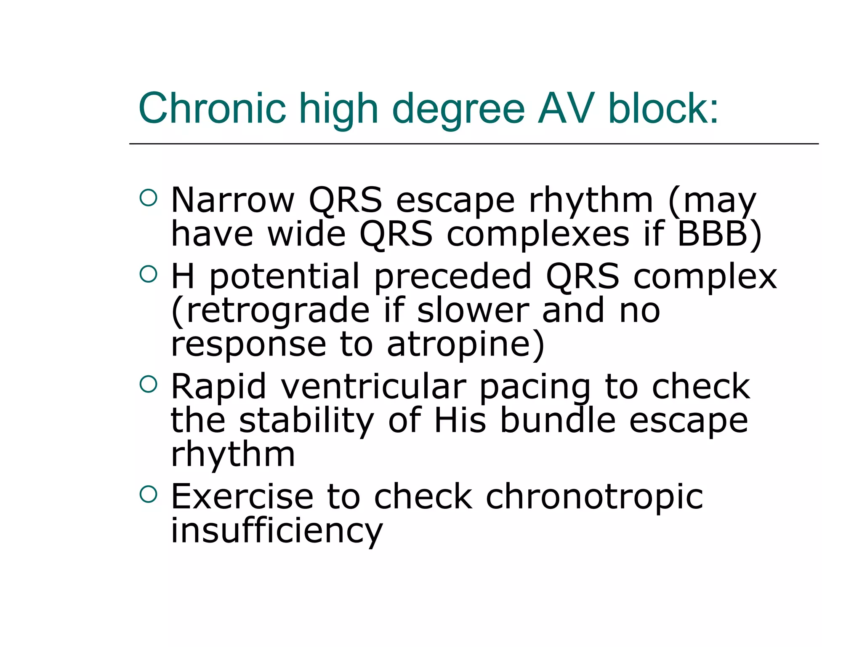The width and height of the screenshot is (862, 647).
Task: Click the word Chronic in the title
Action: click(x=212, y=108)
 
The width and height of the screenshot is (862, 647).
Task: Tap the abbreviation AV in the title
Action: click(x=566, y=108)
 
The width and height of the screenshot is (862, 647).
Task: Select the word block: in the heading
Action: click(x=663, y=108)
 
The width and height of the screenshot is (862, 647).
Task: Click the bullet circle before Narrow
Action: click(x=148, y=198)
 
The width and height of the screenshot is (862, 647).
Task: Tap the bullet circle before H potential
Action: click(x=148, y=274)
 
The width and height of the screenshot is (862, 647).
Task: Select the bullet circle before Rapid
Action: click(x=148, y=384)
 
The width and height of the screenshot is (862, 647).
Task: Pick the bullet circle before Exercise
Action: click(x=148, y=494)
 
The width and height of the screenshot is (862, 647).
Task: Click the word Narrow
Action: click(x=233, y=200)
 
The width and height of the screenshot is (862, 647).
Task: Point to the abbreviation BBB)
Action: click(x=719, y=234)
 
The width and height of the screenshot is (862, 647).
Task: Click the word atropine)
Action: click(x=466, y=345)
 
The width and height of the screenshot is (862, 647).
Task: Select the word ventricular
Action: click(x=373, y=387)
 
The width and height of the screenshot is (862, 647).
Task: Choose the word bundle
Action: click(x=558, y=420)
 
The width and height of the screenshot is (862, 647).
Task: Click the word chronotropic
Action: click(x=594, y=497)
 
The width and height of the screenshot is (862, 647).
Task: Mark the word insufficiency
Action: click(x=277, y=531)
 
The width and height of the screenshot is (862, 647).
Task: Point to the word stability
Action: click(x=306, y=420)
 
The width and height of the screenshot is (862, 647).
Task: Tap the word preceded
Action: click(x=453, y=277)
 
